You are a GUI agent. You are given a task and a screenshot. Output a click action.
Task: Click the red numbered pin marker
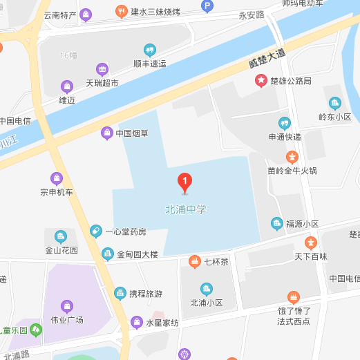point(184,182)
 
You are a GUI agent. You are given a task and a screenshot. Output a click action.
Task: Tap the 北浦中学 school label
point(186,209)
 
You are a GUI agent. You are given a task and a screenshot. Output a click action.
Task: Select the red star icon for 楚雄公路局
point(261,81)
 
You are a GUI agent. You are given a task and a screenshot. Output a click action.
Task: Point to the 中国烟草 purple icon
point(106,133)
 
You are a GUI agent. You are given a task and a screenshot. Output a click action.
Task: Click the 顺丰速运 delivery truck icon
point(149,50)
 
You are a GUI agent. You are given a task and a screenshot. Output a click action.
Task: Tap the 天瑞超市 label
point(102,83)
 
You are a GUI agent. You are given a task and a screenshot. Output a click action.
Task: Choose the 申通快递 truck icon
point(284,123)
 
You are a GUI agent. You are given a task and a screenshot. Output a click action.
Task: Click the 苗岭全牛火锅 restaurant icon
point(292,157)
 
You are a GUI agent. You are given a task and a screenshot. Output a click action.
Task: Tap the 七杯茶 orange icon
point(194,261)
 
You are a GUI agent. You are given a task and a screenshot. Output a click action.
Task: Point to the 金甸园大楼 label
point(138,254)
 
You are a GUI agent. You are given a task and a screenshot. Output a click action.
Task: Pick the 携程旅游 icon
point(120,294)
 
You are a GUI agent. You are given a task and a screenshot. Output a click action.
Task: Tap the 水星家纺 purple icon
point(136,323)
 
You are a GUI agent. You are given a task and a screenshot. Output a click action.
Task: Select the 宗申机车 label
point(57,192)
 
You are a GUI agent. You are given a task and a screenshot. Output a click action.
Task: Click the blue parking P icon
point(207,6)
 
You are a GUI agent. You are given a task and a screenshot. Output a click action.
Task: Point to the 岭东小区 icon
point(335,104)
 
